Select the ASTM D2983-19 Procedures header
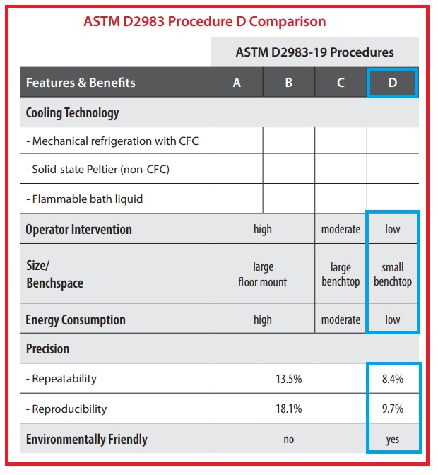(314, 52)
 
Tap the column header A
(237, 83)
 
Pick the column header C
(341, 83)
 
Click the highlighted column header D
(393, 83)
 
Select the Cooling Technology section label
(72, 113)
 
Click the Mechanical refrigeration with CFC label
(112, 141)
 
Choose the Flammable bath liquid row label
(84, 199)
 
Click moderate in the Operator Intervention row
(341, 229)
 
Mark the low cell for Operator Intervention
(393, 229)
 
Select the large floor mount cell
(262, 274)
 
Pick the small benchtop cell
(393, 274)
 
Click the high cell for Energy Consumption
(262, 319)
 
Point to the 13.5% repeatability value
(288, 379)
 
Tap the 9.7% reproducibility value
(393, 409)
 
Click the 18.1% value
(288, 409)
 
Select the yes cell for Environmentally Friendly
(393, 439)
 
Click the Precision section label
(48, 348)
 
